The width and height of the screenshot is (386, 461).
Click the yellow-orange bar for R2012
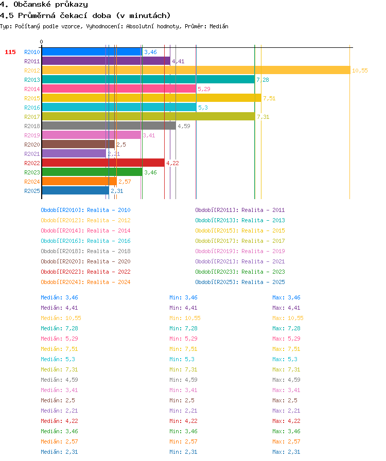pos(196,70)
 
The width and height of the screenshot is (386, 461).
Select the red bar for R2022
pos(103,163)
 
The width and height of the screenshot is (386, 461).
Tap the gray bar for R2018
pos(109,126)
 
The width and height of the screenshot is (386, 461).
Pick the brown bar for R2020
pos(78,145)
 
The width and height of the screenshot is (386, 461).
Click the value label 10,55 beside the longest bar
pos(360,70)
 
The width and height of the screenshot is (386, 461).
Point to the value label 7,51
pos(269,98)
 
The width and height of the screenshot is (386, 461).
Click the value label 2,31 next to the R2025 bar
pos(117,191)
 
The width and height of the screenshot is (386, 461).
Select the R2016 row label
pos(32,108)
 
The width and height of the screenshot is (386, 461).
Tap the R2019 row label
pos(32,135)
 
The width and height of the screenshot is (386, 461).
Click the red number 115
pos(10,52)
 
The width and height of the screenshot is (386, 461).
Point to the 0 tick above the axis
pos(42,42)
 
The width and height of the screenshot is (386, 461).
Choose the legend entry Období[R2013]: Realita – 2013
pos(240,220)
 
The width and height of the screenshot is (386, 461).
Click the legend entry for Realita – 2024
pos(85,282)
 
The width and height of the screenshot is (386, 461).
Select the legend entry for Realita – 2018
pos(85,251)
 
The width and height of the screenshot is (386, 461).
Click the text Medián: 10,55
pos(61,318)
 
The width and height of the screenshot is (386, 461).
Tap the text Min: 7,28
pos(183,328)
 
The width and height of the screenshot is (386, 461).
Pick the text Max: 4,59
pos(286,380)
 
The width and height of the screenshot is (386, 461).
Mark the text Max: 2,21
pos(286,411)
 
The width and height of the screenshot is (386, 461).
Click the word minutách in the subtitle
pos(150,15)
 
